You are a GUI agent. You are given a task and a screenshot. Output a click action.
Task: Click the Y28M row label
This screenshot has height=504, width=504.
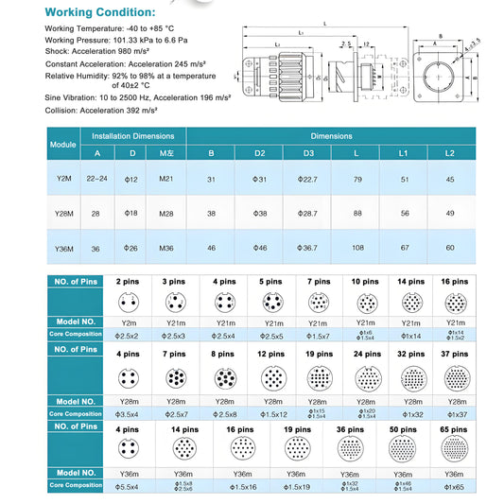pos(62,213)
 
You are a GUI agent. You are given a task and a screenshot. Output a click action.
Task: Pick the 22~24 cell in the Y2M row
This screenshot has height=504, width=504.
pos(96,178)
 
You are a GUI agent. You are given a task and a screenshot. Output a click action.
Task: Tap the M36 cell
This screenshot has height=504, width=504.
pos(166,248)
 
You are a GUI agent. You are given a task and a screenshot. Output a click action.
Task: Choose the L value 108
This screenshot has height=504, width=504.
pos(356,248)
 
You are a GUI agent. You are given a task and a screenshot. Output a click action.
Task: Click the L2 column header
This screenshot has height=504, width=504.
pos(449,153)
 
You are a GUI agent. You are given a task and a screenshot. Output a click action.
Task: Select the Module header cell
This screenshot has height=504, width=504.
pos(62,144)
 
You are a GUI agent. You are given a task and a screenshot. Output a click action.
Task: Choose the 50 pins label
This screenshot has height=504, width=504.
pos(403,427)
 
